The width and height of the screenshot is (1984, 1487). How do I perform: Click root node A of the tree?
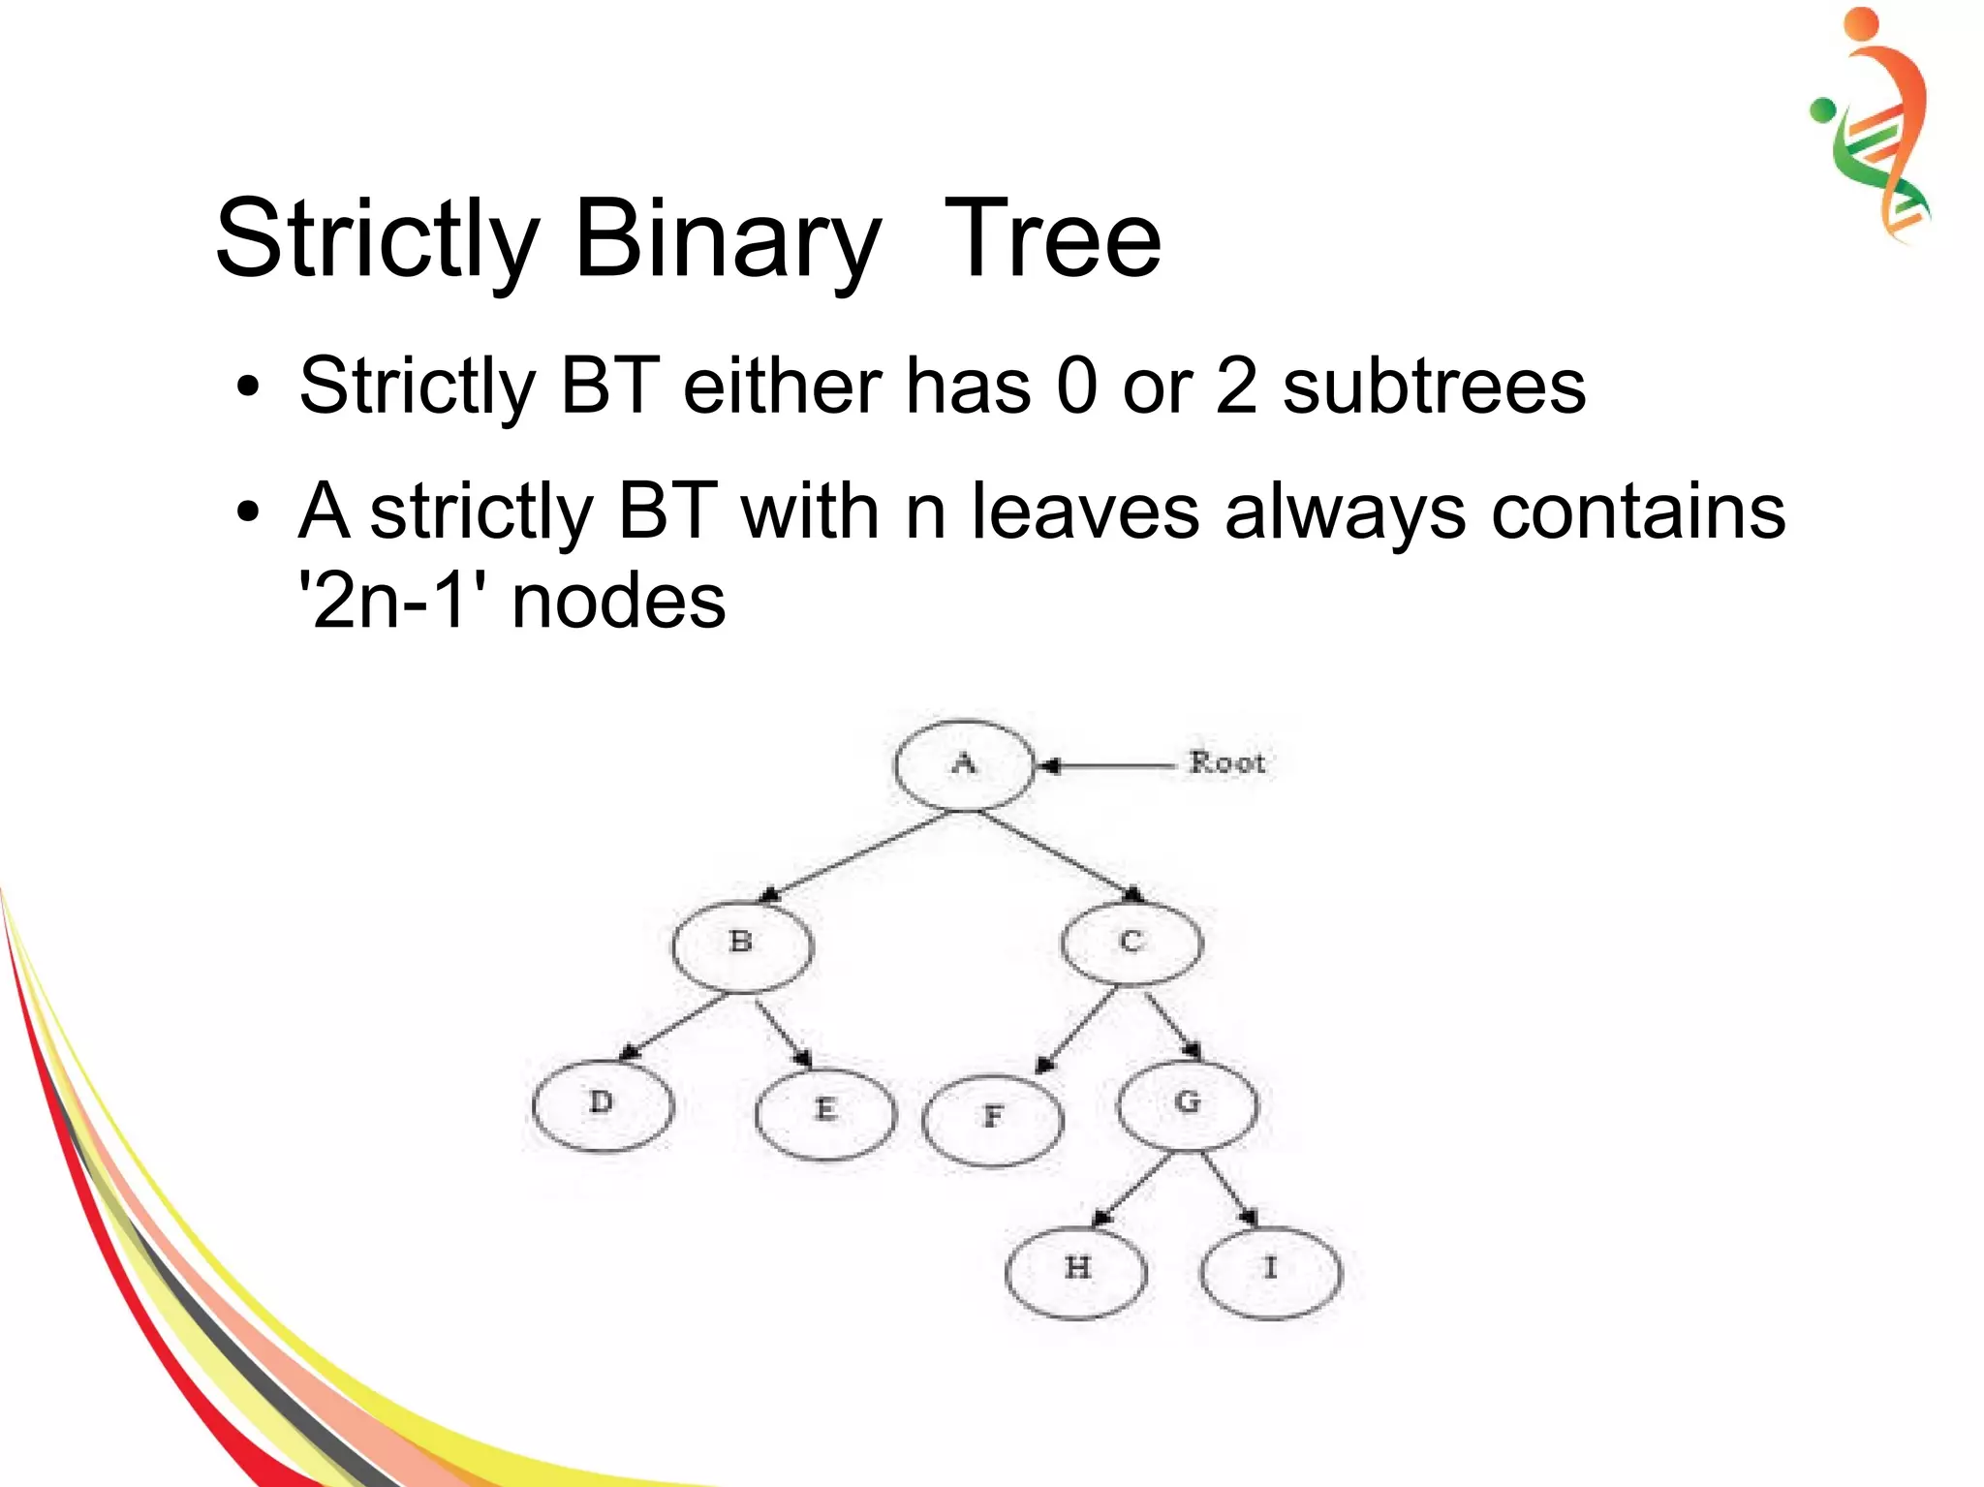pos(964,764)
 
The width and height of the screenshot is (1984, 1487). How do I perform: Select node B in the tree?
pos(742,944)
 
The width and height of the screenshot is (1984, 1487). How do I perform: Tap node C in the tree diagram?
pos(1131,943)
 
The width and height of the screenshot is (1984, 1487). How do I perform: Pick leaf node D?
pos(603,1105)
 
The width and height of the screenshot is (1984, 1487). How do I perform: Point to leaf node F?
pos(993,1119)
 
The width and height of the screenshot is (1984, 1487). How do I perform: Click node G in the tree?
pos(1188,1103)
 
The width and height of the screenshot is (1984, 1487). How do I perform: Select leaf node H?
pos(1076,1269)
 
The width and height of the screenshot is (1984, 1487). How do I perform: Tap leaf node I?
pos(1271,1269)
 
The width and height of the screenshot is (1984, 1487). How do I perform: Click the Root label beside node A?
pos(1227,763)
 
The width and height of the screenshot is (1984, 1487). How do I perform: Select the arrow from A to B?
pos(857,855)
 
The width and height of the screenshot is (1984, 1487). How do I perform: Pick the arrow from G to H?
pos(1133,1190)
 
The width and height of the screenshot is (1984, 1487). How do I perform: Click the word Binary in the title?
pos(727,239)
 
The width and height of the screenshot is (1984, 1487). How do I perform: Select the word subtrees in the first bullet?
pos(1434,387)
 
